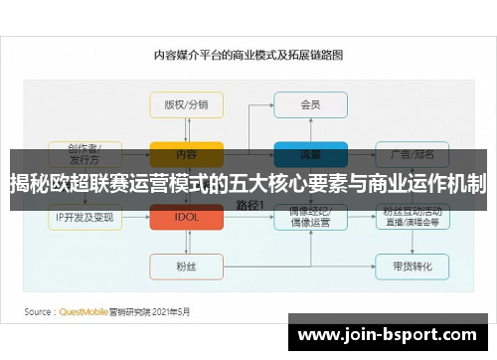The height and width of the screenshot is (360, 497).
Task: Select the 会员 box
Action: point(310,104)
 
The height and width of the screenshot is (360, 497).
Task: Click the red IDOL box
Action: point(186,217)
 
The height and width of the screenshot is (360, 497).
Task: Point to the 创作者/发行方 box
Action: point(83,152)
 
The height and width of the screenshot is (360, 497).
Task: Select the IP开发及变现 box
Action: point(83,217)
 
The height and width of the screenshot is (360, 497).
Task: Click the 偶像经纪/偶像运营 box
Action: point(310,217)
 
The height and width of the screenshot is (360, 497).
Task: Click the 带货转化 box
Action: point(413,266)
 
